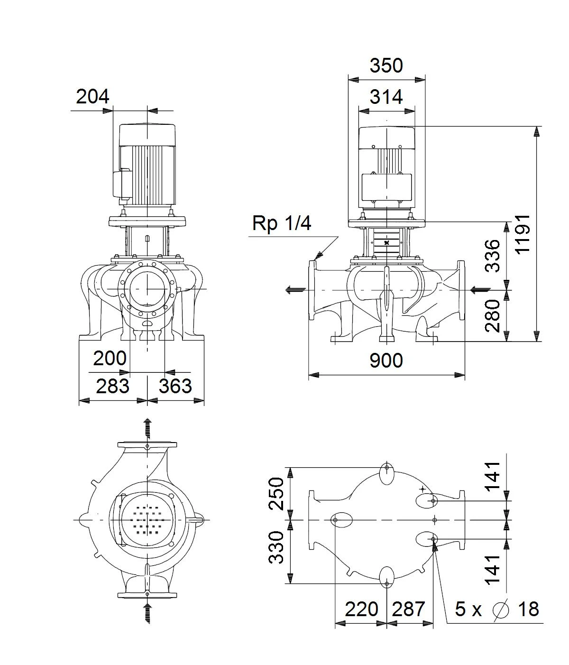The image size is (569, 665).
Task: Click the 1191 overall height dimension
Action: point(523,234)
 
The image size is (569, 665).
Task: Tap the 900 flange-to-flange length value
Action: point(386,360)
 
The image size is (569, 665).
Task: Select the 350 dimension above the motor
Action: point(386,65)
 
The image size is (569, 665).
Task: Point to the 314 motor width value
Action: point(386,96)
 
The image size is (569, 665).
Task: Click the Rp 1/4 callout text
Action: point(282,223)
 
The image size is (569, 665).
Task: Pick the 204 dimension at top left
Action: point(92,96)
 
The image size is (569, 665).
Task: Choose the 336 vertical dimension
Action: point(493,256)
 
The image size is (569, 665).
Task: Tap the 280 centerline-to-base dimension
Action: point(493,316)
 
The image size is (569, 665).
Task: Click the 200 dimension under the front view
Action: point(110,358)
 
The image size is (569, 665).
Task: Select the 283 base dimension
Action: point(112,386)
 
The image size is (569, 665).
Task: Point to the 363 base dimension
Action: point(175,386)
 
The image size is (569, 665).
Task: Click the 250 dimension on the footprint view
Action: point(276,493)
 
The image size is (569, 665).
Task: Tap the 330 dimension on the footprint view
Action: point(276,547)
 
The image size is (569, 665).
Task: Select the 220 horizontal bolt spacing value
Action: point(361,609)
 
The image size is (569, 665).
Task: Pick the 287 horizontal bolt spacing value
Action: point(409,609)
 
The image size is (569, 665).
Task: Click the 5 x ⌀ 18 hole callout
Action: point(497,609)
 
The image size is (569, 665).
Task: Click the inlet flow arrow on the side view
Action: point(480,290)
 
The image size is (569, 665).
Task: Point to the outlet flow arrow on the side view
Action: point(295,290)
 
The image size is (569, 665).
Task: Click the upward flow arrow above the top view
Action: point(147,428)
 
